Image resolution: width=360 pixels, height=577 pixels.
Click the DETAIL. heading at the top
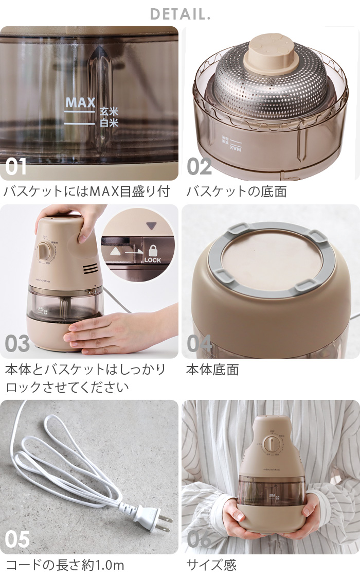180,14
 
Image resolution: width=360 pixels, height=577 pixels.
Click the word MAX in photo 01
80,102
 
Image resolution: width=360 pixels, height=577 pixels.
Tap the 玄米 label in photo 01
109,112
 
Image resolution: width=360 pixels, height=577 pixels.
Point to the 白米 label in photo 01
109,123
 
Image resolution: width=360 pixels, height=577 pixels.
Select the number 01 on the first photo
16,167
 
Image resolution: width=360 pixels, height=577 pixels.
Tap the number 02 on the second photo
200,167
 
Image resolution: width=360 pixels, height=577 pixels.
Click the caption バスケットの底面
236,192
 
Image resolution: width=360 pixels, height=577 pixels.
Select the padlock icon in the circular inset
153,251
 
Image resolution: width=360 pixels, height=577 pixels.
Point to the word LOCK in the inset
153,260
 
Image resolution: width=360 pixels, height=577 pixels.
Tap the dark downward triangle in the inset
150,225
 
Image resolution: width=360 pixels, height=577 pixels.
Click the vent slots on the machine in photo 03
89,269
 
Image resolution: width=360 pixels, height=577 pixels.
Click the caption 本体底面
212,370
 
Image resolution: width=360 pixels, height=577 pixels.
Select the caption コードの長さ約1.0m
65,565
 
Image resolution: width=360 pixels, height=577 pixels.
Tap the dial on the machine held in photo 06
269,445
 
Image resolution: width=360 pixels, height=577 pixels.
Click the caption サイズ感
211,565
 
